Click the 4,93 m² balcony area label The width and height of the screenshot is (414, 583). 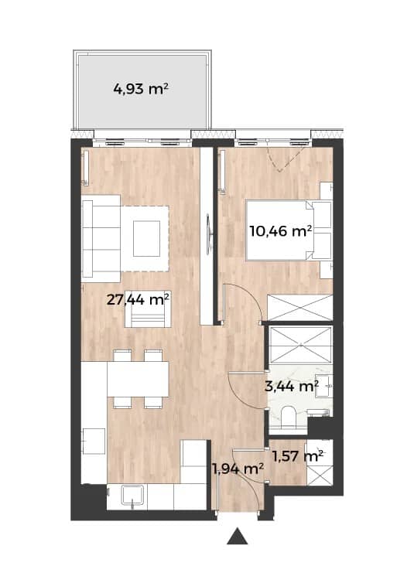pyautogui.click(x=141, y=89)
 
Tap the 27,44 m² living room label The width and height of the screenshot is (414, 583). pyautogui.click(x=138, y=299)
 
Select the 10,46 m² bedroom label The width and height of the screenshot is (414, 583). pyautogui.click(x=280, y=231)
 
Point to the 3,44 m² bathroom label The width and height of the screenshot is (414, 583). pyautogui.click(x=292, y=387)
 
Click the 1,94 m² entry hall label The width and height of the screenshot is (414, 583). pyautogui.click(x=238, y=469)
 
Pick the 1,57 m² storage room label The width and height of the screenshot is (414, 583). pyautogui.click(x=297, y=456)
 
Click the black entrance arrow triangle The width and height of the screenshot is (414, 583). pyautogui.click(x=238, y=536)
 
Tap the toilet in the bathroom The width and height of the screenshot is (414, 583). pyautogui.click(x=288, y=418)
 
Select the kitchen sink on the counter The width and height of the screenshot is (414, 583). pyautogui.click(x=133, y=495)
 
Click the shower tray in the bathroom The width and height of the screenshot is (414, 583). pyautogui.click(x=300, y=344)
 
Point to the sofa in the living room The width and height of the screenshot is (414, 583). pyautogui.click(x=101, y=238)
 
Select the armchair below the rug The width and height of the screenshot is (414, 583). pyautogui.click(x=148, y=309)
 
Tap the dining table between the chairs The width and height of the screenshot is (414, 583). pyautogui.click(x=138, y=379)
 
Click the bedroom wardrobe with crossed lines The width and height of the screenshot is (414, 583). pyautogui.click(x=300, y=308)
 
